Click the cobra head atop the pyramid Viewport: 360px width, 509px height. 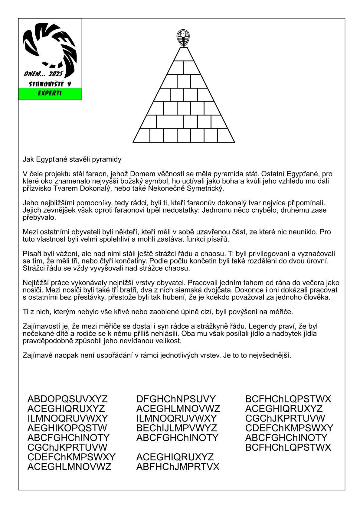[183, 38]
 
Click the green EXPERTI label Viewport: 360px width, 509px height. [50, 93]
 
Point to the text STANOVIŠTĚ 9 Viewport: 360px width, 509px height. [50, 84]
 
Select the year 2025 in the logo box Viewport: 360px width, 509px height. [56, 74]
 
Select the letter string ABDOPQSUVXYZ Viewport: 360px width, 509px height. [67, 399]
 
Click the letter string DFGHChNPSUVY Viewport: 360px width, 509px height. [176, 399]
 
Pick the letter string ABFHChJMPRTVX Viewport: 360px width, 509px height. [178, 467]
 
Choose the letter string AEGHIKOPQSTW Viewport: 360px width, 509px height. [67, 428]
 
